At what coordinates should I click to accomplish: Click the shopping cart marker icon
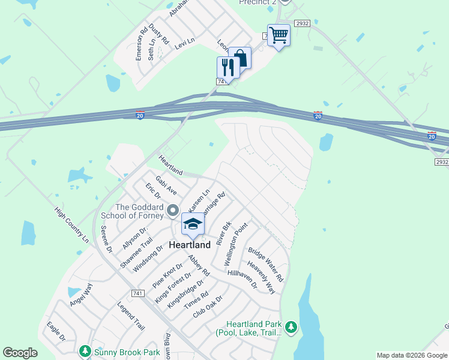[279, 35]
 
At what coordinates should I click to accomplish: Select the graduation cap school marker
[193, 224]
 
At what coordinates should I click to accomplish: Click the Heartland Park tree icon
[291, 327]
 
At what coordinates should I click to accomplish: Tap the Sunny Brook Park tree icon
[85, 350]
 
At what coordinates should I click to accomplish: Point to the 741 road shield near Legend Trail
[139, 292]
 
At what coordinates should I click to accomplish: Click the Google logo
[20, 353]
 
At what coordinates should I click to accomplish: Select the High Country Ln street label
[71, 225]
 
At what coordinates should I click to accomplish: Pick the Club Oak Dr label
[208, 307]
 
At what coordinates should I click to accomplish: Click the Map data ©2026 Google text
[412, 355]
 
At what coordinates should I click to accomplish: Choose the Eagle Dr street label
[56, 331]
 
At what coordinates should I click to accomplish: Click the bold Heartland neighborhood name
[190, 245]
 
